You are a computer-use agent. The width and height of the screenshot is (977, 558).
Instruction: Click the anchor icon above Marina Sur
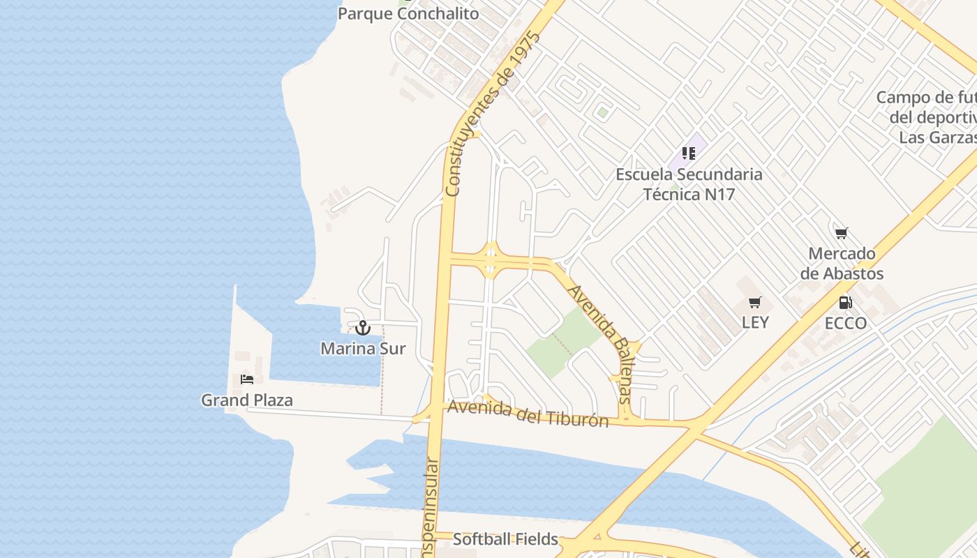(363, 327)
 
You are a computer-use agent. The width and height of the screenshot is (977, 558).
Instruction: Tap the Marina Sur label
(363, 348)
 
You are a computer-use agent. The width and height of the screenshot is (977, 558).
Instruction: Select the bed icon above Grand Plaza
(247, 379)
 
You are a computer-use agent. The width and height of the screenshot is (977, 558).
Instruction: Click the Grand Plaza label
(247, 400)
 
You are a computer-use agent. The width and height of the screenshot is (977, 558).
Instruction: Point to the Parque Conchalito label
(408, 14)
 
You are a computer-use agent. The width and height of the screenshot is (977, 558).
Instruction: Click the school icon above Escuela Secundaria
(689, 153)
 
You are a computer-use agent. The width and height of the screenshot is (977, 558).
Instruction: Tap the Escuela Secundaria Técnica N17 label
(689, 184)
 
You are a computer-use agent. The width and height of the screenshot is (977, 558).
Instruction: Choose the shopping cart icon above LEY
(754, 303)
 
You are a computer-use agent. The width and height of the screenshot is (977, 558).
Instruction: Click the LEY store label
(755, 322)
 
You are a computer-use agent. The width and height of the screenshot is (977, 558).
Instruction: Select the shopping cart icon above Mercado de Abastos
(841, 233)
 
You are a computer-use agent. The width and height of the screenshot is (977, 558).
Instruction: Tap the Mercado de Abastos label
(842, 264)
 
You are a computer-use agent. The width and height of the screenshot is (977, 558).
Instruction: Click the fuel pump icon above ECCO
(845, 303)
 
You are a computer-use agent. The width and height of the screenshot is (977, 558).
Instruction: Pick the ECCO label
(846, 323)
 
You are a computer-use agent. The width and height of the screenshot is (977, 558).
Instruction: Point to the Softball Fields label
(505, 539)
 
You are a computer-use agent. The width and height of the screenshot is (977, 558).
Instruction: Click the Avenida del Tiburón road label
(528, 414)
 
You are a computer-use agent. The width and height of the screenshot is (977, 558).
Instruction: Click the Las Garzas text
(937, 137)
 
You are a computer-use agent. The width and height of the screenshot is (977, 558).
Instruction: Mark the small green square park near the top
(602, 112)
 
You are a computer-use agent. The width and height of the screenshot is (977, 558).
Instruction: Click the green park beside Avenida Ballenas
(562, 342)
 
